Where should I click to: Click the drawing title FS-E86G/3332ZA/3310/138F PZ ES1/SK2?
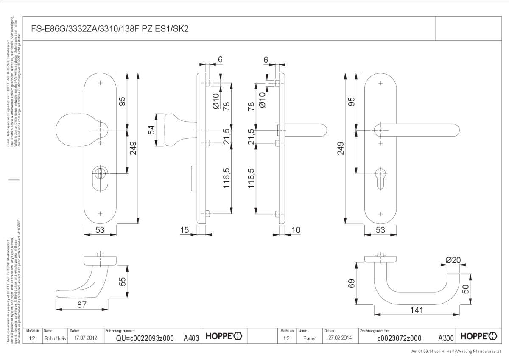110,29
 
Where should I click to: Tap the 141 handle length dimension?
417,310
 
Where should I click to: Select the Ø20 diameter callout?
453,260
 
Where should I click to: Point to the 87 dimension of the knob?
82,304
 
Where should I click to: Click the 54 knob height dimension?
151,130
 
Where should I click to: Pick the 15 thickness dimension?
185,230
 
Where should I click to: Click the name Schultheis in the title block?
55,338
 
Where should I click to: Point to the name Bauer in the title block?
310,338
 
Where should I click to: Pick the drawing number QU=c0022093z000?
145,338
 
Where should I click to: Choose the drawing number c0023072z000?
399,338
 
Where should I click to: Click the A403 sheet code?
191,338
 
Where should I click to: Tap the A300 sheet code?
446,338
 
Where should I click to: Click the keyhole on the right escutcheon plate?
380,175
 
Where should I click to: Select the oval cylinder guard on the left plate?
100,178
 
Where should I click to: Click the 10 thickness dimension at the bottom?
296,230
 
